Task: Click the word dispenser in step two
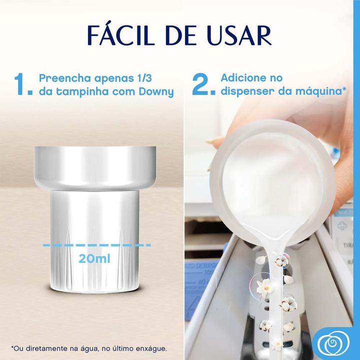click(246, 92)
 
